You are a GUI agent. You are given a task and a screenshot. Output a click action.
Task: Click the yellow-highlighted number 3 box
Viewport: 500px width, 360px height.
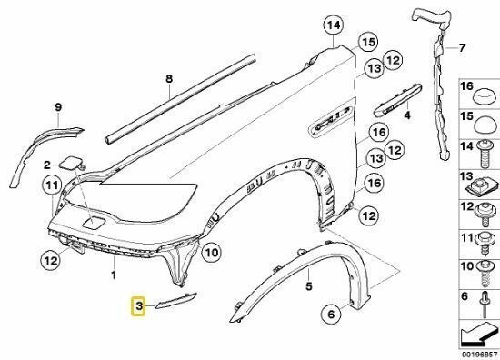[138, 306]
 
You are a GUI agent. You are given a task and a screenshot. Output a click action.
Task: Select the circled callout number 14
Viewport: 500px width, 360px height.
[334, 25]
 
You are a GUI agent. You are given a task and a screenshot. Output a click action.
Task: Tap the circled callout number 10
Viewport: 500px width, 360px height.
[212, 253]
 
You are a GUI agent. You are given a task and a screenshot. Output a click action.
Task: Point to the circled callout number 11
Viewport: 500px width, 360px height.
[52, 185]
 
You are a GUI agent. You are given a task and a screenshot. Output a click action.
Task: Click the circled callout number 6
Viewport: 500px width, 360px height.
[331, 315]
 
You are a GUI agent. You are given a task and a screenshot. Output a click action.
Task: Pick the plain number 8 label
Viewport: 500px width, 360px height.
[169, 78]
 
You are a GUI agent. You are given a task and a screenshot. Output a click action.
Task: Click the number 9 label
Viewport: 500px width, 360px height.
[58, 107]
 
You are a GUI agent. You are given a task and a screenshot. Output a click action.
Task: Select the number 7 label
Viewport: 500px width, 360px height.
[462, 48]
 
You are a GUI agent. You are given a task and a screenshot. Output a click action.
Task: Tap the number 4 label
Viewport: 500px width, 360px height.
[407, 115]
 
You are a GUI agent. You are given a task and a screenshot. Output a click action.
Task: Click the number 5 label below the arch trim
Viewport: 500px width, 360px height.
[309, 286]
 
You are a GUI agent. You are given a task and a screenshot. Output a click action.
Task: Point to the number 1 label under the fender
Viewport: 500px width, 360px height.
[114, 275]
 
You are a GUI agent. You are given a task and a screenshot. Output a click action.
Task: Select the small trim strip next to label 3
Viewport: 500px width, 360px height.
[176, 301]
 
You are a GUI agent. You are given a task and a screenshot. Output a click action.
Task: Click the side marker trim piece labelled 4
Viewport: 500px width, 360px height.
[397, 100]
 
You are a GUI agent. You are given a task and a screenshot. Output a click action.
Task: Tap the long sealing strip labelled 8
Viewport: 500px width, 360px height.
[180, 99]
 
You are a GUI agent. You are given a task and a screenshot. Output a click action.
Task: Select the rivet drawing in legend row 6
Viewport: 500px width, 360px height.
[485, 304]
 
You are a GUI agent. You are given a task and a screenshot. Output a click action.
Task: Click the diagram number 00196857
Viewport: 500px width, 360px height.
[478, 355]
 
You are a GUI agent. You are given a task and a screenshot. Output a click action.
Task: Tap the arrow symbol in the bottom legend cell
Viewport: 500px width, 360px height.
[477, 335]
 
